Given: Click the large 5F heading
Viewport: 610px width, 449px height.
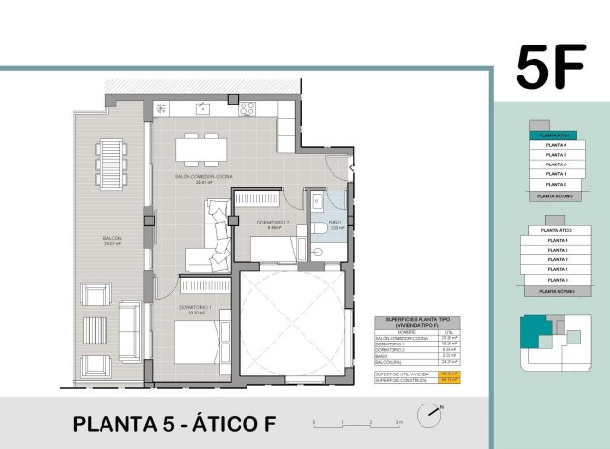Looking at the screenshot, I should pyautogui.click(x=551, y=67).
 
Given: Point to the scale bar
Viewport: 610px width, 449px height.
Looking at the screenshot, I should pyautogui.click(x=358, y=423).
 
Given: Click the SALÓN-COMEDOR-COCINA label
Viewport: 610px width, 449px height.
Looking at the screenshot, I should pyautogui.click(x=204, y=178).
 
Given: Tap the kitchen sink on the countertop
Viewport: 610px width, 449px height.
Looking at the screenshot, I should pyautogui.click(x=203, y=107).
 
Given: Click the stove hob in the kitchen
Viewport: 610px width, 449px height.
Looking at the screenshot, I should pyautogui.click(x=247, y=108).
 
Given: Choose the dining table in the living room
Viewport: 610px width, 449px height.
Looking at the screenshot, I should pyautogui.click(x=200, y=150).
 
